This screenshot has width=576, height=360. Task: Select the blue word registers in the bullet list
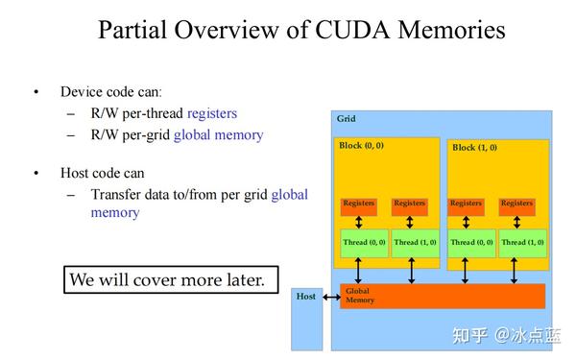212,113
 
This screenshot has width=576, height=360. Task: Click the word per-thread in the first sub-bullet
152,113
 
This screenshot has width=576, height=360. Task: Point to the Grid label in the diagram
346,119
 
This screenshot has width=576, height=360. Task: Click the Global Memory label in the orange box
360,296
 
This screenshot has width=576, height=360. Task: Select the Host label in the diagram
306,296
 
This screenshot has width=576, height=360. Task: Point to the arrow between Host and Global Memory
331,297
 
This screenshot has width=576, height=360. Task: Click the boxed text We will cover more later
171,280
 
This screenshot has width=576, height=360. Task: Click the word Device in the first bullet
81,92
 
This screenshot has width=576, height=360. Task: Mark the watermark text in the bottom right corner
508,335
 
